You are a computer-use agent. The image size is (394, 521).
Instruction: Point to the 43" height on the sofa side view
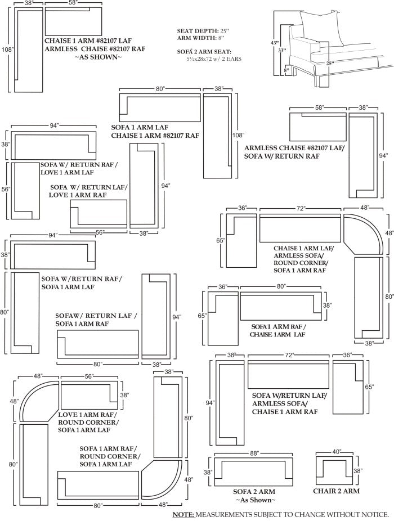pyautogui.click(x=274, y=43)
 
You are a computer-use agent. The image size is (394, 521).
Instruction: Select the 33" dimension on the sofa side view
pyautogui.click(x=281, y=50)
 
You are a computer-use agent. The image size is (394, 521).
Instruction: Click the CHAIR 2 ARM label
pyautogui.click(x=336, y=491)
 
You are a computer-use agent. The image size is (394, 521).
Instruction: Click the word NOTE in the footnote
pyautogui.click(x=183, y=514)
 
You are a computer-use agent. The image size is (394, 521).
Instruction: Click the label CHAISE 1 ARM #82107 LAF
pyautogui.click(x=91, y=41)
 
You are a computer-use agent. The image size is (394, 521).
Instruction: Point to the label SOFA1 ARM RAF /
pyautogui.click(x=279, y=326)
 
